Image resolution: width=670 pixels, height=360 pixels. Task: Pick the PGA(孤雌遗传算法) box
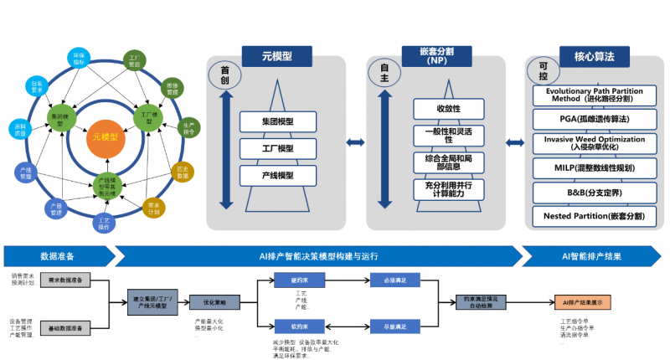click(x=594, y=120)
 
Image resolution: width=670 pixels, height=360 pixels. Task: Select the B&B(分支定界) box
click(x=594, y=193)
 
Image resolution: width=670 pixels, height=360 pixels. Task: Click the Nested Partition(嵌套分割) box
click(x=594, y=216)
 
